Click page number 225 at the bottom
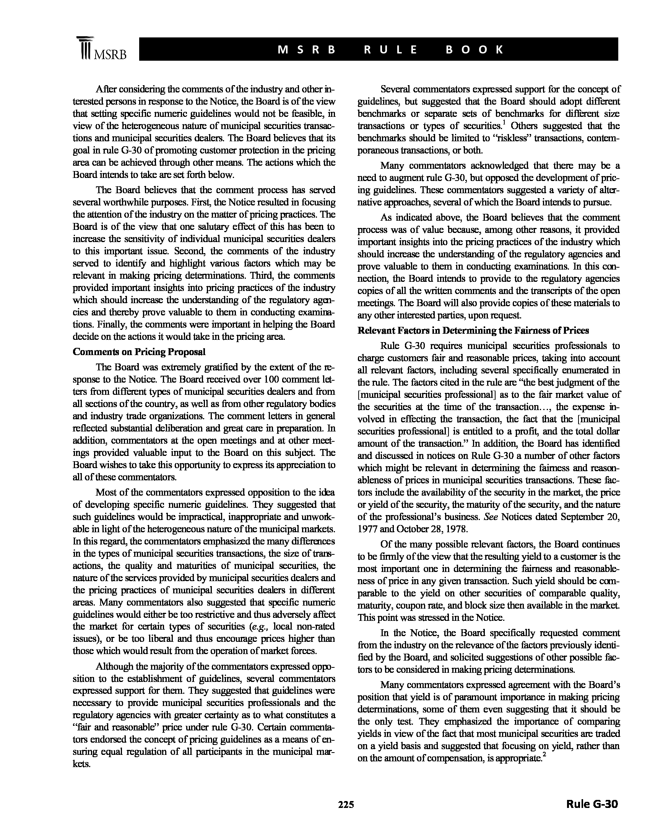point(346,804)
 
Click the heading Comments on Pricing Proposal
point(139,352)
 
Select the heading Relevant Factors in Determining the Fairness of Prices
point(473,330)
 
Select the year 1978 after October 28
point(456,529)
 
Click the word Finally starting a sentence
point(111,324)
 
